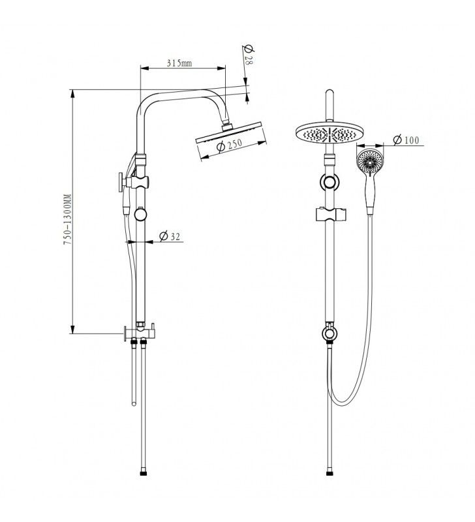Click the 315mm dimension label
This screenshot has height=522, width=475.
(x=179, y=63)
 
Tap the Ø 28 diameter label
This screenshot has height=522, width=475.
(x=247, y=53)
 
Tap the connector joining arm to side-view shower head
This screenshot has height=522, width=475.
(x=225, y=124)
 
